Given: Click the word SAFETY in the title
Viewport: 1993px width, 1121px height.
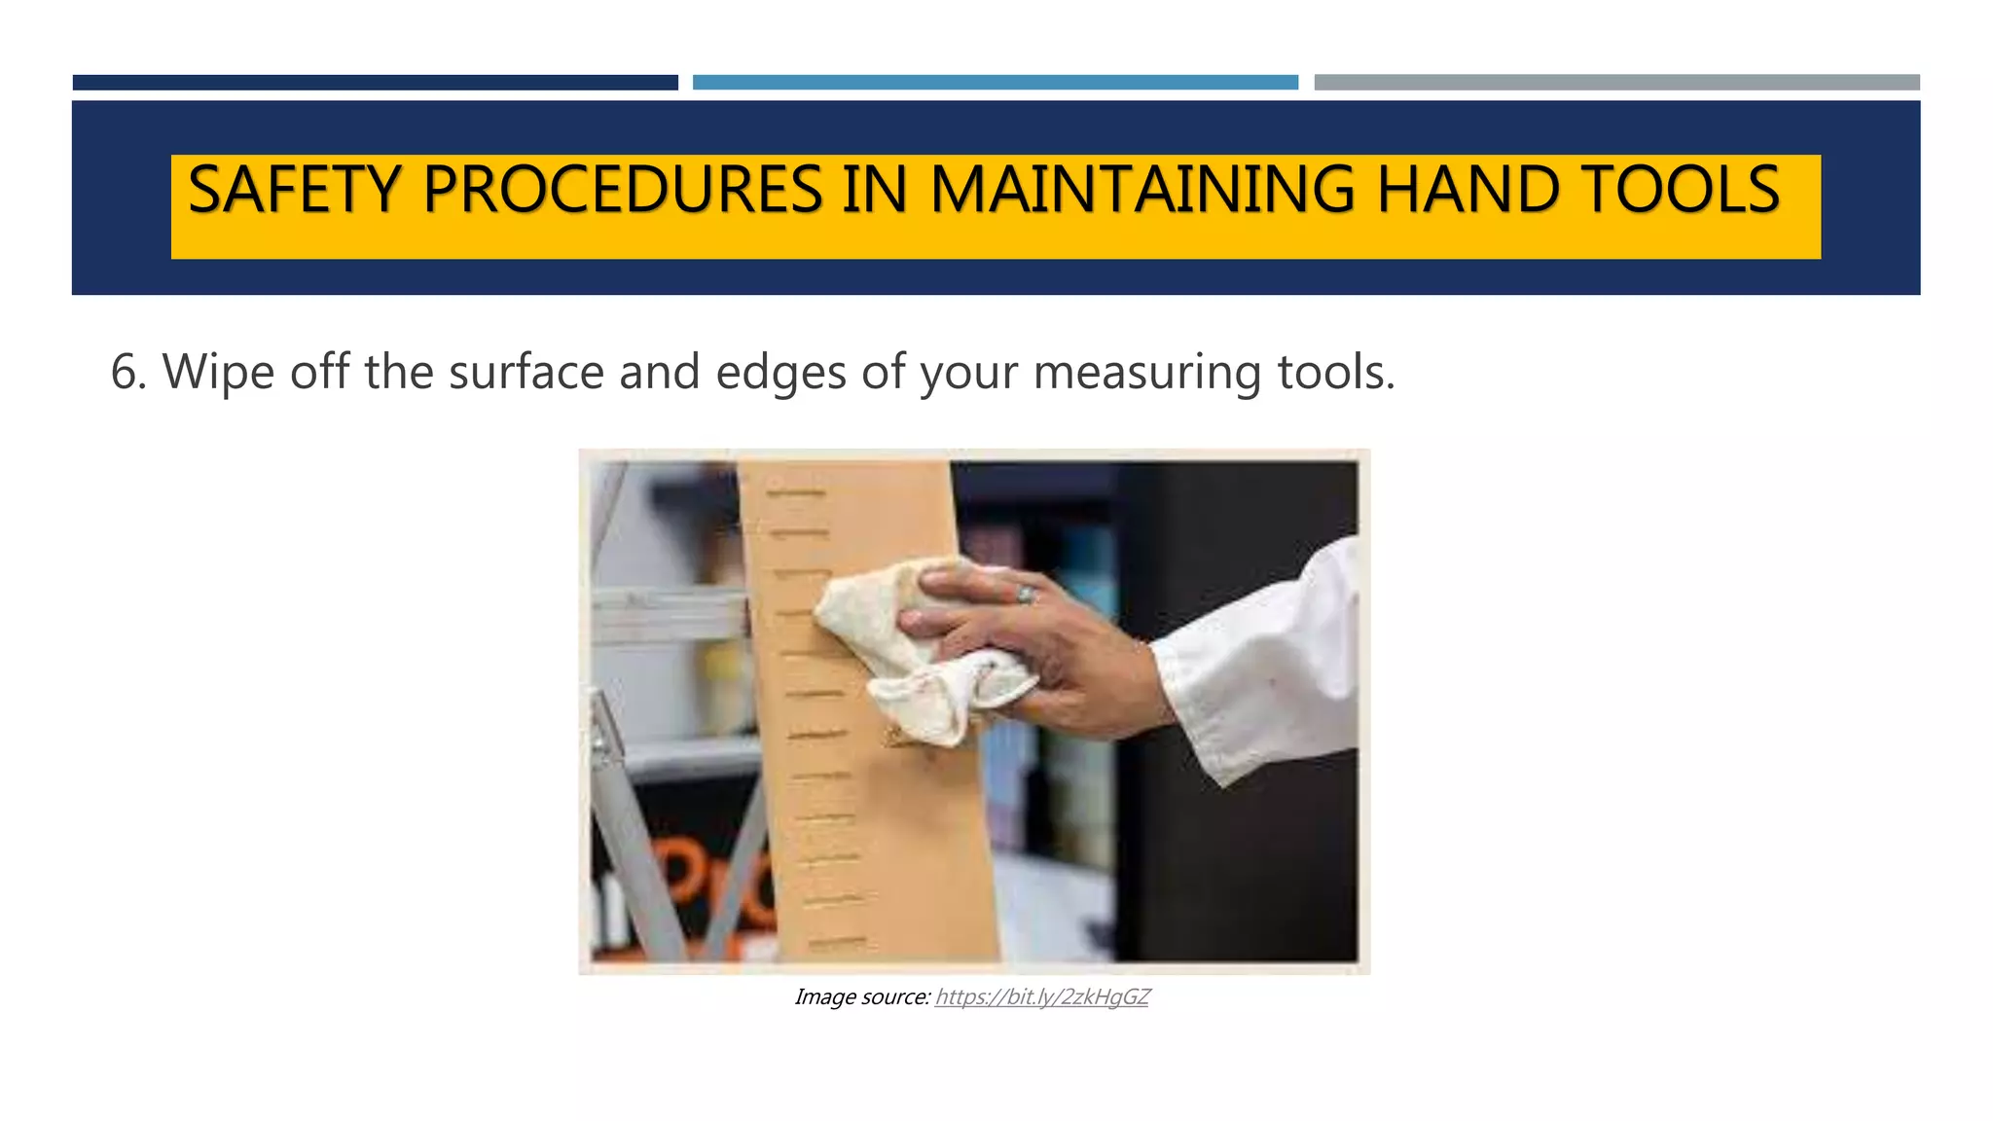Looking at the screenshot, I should (294, 190).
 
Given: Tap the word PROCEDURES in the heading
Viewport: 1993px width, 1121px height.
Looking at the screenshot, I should (623, 190).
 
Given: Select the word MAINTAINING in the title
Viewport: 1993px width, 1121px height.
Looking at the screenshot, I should (1141, 190).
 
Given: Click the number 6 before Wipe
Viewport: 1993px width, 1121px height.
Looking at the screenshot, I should (124, 373).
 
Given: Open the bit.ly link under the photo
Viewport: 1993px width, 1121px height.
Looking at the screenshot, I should (1041, 997).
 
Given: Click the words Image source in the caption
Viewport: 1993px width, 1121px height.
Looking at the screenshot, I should (862, 997).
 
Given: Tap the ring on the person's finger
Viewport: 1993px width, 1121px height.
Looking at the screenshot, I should (1026, 594).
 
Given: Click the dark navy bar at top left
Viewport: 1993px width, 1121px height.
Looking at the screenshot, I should (375, 83).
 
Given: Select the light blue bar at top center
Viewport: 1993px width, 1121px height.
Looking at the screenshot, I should (995, 83).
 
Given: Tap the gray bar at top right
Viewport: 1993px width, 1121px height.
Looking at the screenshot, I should (1616, 83).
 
